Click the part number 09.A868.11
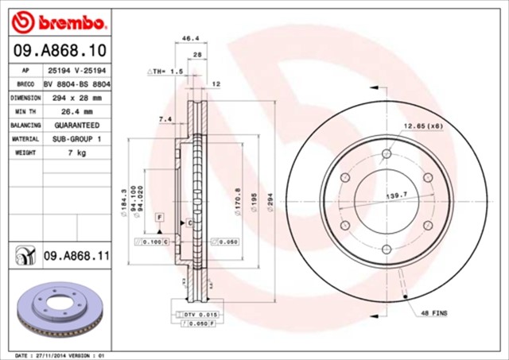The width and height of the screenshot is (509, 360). click(x=76, y=256)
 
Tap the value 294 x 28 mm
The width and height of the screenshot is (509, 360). click(x=77, y=98)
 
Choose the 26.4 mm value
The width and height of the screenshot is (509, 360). click(x=77, y=111)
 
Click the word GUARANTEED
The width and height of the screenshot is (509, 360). click(x=77, y=125)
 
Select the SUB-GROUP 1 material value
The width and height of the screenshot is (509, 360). click(x=77, y=138)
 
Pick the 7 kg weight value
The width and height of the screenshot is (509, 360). click(x=77, y=152)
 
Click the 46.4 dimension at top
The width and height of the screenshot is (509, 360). click(x=191, y=37)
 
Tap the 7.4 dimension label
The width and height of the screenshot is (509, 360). click(x=165, y=119)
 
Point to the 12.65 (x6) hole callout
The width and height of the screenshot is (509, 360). click(x=422, y=126)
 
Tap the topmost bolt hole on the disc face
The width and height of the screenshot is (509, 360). click(x=387, y=154)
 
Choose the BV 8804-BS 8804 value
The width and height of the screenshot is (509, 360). click(x=77, y=84)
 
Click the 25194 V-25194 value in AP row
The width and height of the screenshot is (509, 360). click(x=77, y=71)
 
